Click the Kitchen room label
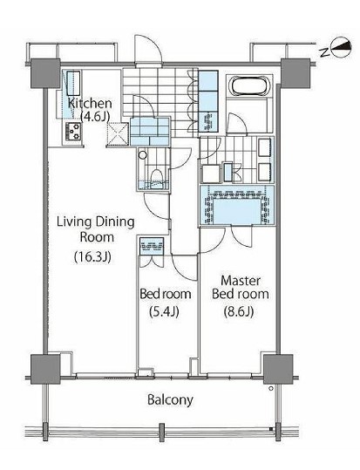click(90, 104)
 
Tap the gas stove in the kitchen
click(74, 132)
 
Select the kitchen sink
click(73, 82)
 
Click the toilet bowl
click(157, 178)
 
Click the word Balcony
click(170, 400)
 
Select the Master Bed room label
click(241, 287)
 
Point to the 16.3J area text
click(92, 256)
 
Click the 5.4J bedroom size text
click(164, 312)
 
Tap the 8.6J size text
click(239, 312)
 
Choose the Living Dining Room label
click(96, 229)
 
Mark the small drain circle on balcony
click(271, 389)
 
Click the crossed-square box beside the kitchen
click(118, 134)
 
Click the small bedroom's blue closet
click(152, 246)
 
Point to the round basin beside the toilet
click(143, 155)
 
